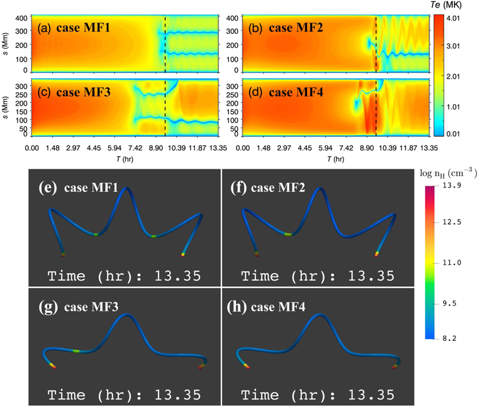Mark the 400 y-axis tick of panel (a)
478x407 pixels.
(x=19, y=20)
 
